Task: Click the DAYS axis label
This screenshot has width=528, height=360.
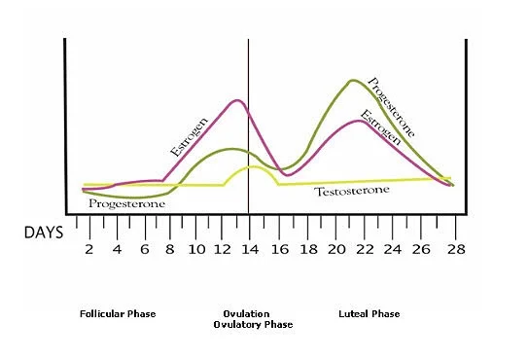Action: click(x=45, y=234)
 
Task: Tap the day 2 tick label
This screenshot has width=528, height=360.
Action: click(x=89, y=248)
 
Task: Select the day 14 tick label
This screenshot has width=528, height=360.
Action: click(x=250, y=249)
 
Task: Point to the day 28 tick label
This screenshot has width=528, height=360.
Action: click(x=455, y=249)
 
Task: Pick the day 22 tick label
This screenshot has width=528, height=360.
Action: click(x=363, y=249)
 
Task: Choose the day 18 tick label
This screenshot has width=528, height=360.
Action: click(x=308, y=249)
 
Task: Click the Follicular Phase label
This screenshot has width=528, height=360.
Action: click(x=119, y=314)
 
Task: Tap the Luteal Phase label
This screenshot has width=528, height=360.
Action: click(x=370, y=314)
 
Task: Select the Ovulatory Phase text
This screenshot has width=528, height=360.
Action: click(x=253, y=325)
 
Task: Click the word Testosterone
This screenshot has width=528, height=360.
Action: click(x=352, y=191)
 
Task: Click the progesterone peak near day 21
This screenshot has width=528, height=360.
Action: click(x=352, y=81)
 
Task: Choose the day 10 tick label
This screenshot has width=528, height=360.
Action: click(x=195, y=249)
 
